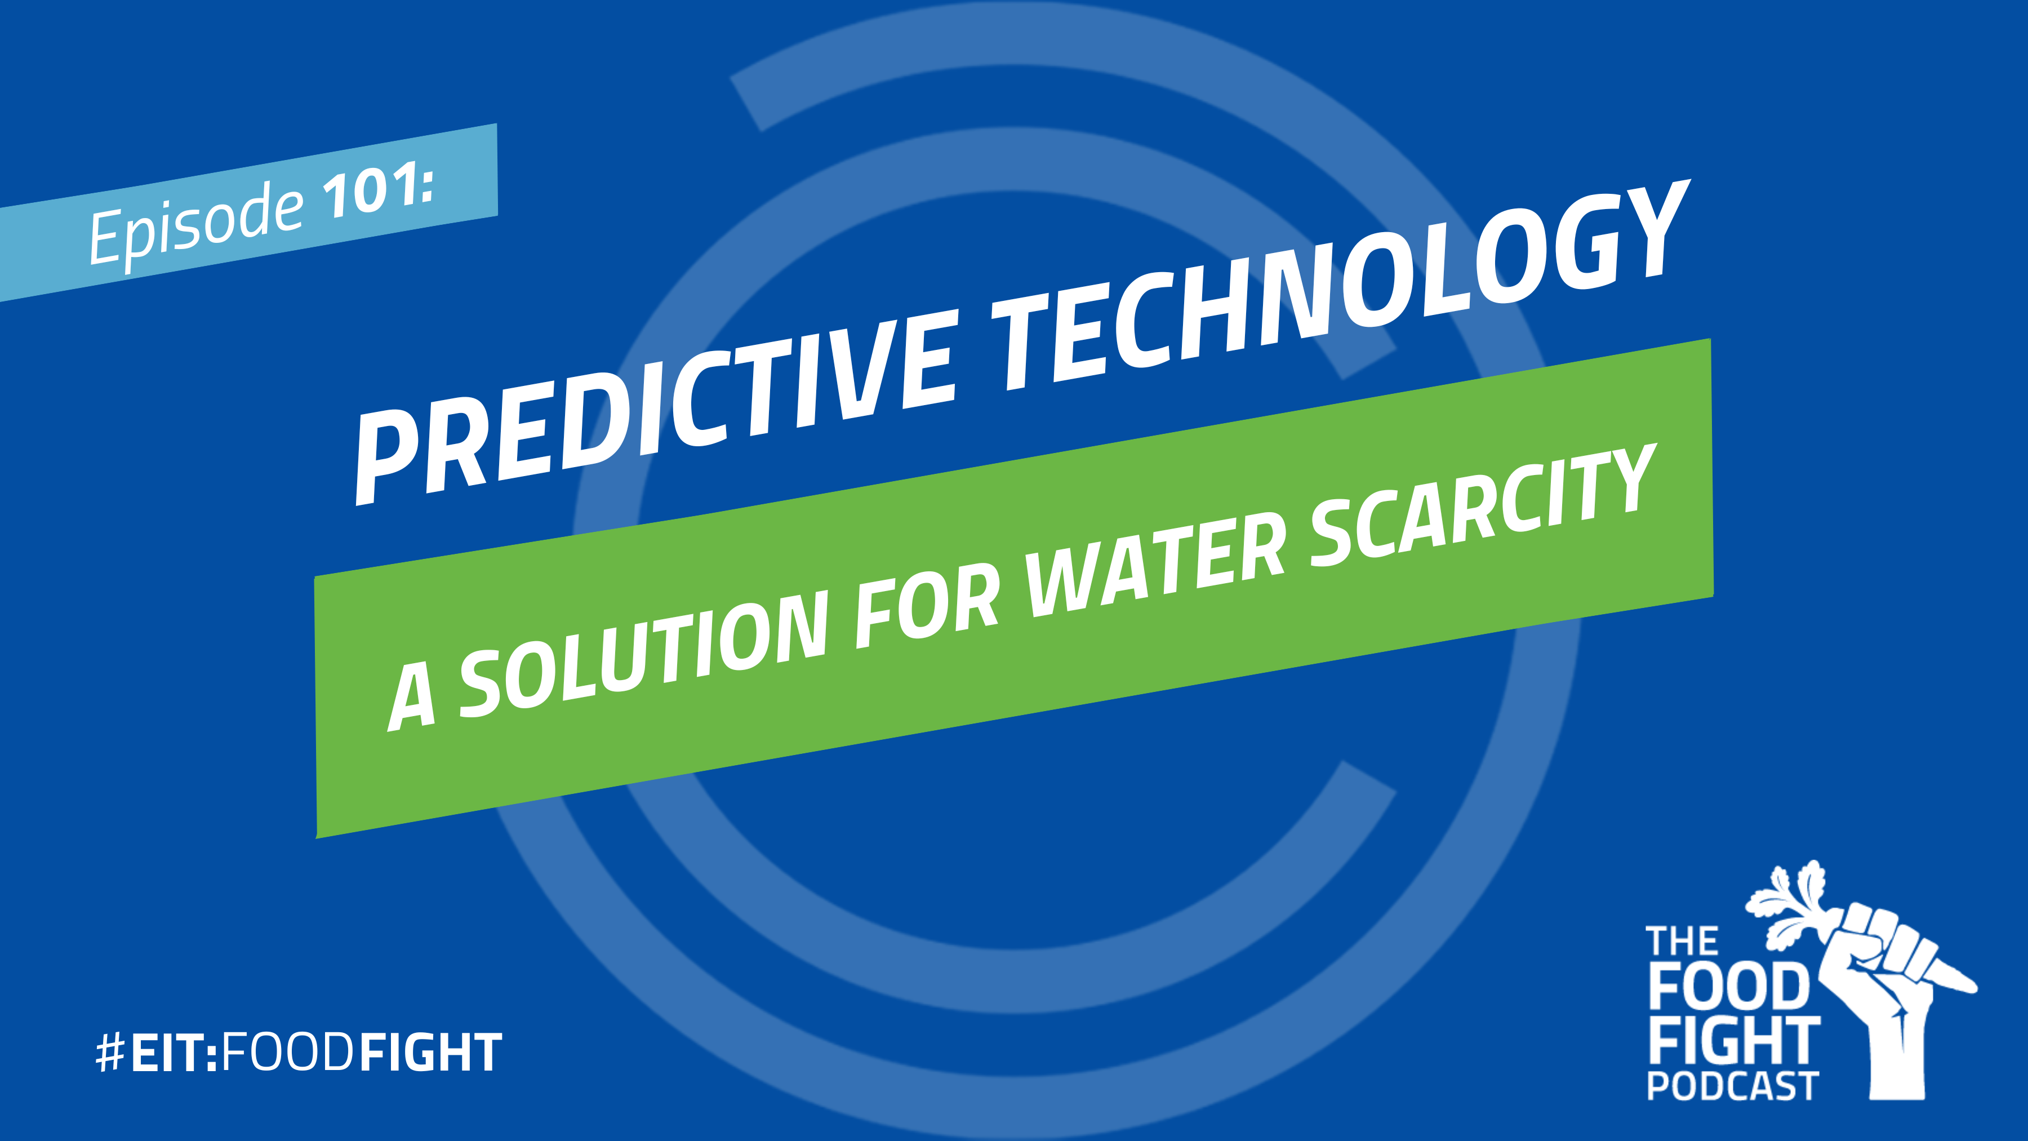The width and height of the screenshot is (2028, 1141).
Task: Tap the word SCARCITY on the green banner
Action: (1484, 503)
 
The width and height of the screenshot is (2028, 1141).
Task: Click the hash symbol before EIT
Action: (111, 1052)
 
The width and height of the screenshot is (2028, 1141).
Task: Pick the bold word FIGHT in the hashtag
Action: (430, 1052)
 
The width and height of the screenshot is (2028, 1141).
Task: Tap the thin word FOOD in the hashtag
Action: (287, 1053)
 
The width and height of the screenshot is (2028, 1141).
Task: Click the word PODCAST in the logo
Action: (1732, 1086)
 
